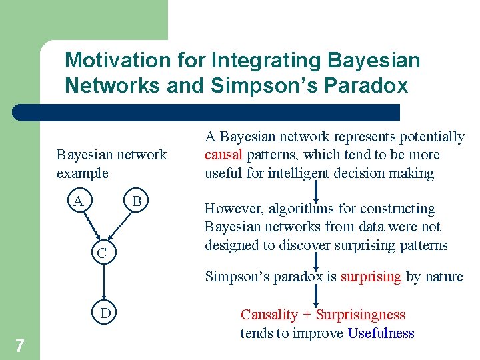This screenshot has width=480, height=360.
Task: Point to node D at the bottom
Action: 105,313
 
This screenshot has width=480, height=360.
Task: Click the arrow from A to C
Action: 89,224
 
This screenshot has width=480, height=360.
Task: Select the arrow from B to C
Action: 121,224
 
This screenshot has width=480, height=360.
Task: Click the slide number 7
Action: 20,345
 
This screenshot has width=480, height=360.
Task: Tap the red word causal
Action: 224,155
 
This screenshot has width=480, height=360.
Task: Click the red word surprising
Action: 371,277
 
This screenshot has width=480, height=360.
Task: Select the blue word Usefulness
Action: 381,333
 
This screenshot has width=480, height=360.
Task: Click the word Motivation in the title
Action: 117,61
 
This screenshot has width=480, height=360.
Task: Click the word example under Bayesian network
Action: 82,173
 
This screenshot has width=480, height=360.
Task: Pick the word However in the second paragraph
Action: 233,209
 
